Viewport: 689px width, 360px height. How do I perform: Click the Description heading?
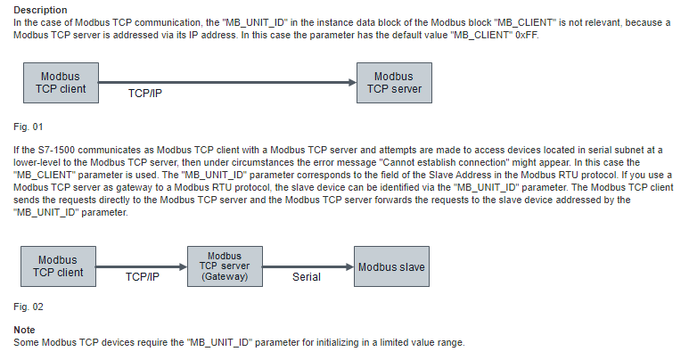40,10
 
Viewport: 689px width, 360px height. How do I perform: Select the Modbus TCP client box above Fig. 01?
62,83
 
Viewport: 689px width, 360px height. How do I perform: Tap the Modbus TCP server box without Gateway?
394,83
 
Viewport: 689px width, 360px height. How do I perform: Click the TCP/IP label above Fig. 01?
145,94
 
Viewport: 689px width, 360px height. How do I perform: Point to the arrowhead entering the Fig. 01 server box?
352,82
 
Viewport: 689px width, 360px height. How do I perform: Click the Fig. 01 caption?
29,127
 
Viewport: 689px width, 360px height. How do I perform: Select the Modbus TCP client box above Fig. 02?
58,266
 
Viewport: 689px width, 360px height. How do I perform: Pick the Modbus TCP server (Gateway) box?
225,266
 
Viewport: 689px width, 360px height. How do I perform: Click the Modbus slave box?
391,266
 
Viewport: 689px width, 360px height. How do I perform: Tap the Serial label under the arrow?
307,277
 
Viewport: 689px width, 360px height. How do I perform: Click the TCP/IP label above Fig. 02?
143,277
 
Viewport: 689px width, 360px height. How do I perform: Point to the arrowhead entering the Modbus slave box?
349,266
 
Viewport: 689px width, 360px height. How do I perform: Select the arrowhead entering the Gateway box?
184,266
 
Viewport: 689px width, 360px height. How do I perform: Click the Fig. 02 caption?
29,307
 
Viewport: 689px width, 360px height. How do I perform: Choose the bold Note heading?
24,330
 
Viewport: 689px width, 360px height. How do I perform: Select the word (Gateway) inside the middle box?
225,276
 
